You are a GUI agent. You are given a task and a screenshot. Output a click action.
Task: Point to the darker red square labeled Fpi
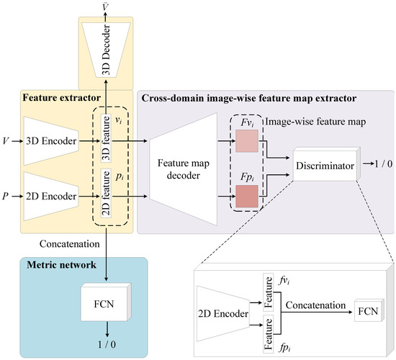point(246,195)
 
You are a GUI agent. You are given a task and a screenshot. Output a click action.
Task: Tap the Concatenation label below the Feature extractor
point(51,245)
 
